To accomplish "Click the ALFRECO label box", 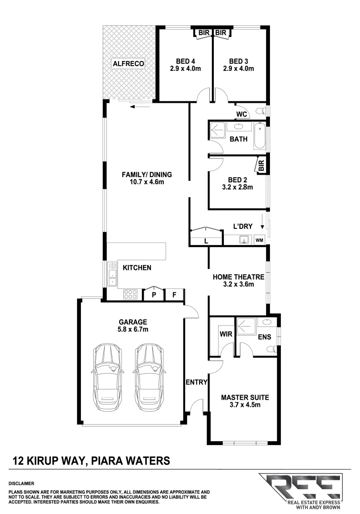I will [128, 63].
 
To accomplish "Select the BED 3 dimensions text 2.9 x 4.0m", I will [239, 69].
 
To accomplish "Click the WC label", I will [241, 114].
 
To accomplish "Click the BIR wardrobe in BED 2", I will [261, 165].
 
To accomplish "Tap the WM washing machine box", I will [259, 240].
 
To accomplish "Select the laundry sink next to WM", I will [245, 239].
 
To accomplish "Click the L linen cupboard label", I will [206, 241].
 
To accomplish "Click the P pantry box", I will [154, 295].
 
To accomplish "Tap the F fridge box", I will [175, 295].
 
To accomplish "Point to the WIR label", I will [226, 334].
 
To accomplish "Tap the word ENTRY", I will [196, 382].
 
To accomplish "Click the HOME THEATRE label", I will [238, 277].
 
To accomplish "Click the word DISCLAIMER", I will [21, 483].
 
